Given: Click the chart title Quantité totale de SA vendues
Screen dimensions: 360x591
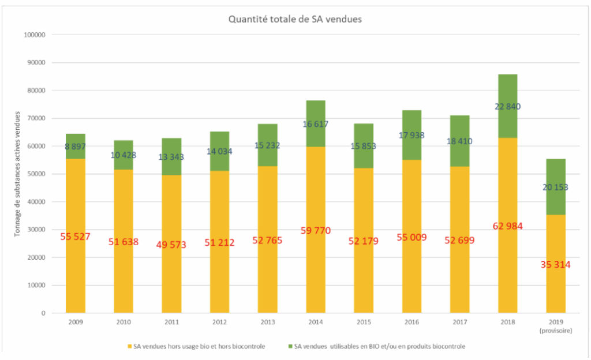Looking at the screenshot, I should (295, 19).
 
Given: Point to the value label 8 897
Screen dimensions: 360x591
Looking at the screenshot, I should (76, 147).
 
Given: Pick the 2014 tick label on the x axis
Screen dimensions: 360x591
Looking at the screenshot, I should (316, 321).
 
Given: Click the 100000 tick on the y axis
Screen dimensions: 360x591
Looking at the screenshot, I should (35, 35).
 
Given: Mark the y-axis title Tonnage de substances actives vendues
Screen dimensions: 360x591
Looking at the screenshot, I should (18, 173).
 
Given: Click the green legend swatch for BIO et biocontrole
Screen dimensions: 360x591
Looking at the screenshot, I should (290, 347).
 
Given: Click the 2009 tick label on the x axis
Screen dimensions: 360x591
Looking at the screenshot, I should (76, 321).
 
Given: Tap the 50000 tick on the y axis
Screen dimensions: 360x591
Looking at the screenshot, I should (37, 174).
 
